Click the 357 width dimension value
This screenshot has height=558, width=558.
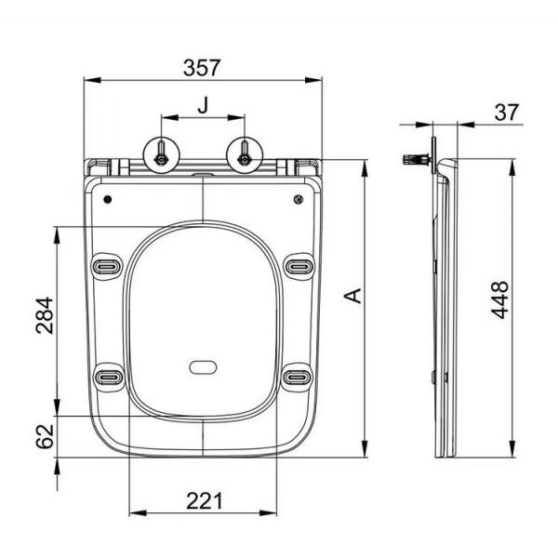click(202, 68)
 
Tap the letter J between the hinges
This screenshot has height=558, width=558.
click(203, 105)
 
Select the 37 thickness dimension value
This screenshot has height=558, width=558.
click(507, 113)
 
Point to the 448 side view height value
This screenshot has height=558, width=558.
click(499, 299)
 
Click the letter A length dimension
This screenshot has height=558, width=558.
click(353, 296)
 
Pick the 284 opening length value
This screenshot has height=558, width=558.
click(45, 315)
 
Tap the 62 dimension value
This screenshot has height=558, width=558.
click(45, 436)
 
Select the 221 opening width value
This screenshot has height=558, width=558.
click(205, 501)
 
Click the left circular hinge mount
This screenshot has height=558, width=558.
click(162, 155)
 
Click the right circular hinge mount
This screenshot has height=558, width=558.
click(245, 155)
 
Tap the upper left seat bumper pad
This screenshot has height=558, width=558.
click(106, 266)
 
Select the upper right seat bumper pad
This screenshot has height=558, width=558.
click(299, 266)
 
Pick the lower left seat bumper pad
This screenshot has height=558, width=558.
click(109, 377)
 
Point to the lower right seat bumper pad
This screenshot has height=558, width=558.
click(298, 377)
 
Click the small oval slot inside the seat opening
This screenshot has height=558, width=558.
click(203, 367)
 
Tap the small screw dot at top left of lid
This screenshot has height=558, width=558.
click(108, 199)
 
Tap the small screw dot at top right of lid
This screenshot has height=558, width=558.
click(299, 199)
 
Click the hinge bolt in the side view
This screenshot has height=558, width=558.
click(417, 159)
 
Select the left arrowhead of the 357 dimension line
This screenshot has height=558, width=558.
click(92, 80)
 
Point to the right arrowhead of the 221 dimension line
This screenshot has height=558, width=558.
click(268, 512)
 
